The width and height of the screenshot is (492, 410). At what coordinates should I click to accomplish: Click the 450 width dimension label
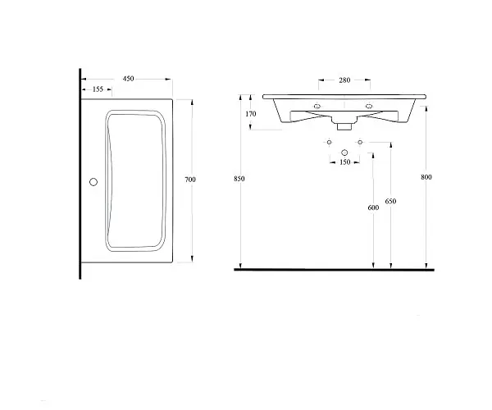129,79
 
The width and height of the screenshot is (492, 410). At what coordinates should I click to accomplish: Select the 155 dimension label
98,89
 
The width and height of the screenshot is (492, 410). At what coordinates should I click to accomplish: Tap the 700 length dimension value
190,180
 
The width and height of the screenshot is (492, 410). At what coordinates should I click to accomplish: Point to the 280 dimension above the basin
344,80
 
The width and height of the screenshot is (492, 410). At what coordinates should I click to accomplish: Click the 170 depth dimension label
251,114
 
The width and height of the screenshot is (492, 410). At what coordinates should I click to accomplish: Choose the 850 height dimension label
239,179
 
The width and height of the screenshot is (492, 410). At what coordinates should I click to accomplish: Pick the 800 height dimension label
426,177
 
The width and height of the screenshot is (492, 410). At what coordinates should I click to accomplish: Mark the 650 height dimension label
390,201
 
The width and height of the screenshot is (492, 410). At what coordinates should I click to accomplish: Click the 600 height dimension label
373,207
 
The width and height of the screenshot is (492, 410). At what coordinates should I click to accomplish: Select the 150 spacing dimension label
344,162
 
